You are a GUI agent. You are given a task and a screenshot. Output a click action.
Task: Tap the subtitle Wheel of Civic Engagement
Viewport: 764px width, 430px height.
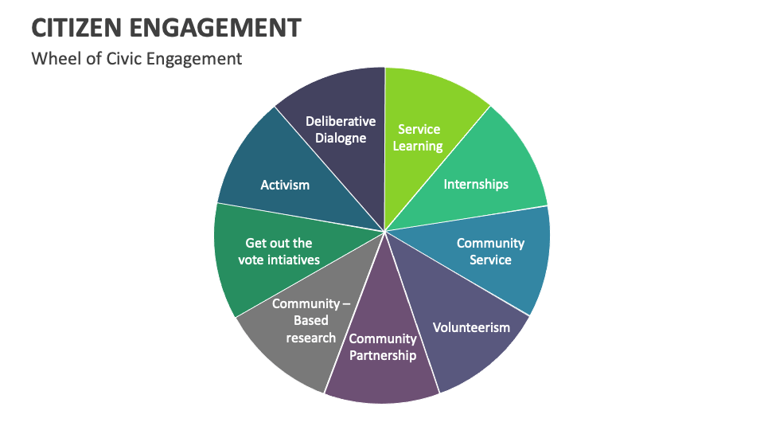[x=136, y=58]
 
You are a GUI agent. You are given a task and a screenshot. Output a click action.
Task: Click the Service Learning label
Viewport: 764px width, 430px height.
[x=418, y=137]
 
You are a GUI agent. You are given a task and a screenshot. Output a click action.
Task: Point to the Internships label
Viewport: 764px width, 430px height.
[x=476, y=184]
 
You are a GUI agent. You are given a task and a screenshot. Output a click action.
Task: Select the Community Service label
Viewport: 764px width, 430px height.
[x=490, y=251]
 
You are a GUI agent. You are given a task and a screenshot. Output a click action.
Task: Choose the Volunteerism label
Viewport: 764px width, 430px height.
[x=471, y=327]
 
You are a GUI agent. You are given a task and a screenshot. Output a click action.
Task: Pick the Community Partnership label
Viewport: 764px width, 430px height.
[x=383, y=347]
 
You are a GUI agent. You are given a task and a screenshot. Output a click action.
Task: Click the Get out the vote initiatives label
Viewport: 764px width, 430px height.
[x=279, y=251]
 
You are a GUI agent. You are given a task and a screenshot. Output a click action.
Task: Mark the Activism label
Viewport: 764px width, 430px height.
[x=285, y=185]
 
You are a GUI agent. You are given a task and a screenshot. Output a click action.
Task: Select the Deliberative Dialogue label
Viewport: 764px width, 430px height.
[x=341, y=129]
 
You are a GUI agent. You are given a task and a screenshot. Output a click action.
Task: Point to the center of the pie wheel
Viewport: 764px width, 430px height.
[x=384, y=232]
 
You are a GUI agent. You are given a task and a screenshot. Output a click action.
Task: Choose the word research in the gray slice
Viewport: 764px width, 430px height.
[x=311, y=338]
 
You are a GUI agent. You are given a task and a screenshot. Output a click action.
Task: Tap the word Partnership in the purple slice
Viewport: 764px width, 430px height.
[x=383, y=355]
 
